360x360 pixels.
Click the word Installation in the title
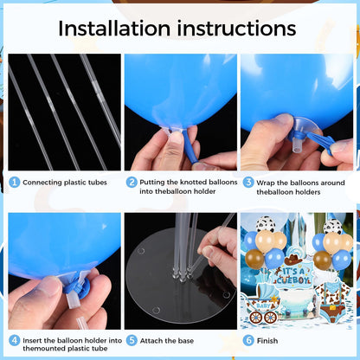coord(114,29)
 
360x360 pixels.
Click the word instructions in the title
coord(236,29)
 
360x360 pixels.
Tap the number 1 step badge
coord(14,182)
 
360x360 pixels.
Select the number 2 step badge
coord(132,182)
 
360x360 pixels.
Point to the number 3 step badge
coord(248,183)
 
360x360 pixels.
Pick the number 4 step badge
coord(14,340)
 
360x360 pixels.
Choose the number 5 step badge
coord(132,340)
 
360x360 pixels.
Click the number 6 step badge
coord(248,340)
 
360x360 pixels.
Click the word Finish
coord(267,341)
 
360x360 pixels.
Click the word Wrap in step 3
coord(266,183)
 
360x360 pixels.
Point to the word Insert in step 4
coord(32,340)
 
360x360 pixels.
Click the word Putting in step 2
coord(152,183)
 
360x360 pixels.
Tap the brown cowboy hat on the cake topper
coord(293,260)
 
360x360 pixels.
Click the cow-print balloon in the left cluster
coord(266,224)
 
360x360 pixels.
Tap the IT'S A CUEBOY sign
coord(293,275)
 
